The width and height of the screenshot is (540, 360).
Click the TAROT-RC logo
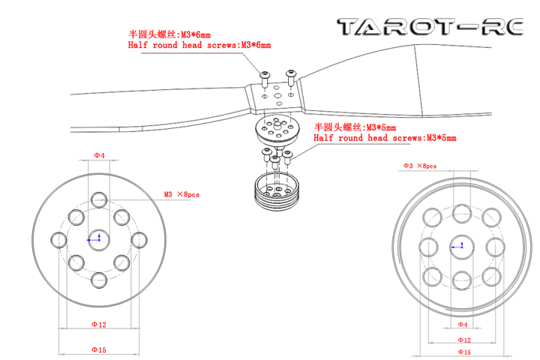430,27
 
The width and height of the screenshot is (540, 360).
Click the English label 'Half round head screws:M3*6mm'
199,45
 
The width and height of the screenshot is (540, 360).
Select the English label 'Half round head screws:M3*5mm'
385,138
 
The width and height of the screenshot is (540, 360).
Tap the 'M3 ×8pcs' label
181,195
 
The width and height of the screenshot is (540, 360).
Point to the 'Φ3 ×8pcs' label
420,166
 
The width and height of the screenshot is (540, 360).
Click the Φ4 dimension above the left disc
99,156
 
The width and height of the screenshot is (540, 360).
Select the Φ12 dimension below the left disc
99,325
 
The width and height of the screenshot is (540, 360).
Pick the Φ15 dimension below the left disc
99,350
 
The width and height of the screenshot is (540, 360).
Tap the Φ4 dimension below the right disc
463,325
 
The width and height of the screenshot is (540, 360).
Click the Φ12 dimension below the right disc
464,340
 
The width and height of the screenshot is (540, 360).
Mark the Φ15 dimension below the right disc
464,352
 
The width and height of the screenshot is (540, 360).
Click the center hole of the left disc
99,240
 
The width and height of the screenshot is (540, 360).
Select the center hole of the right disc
462,247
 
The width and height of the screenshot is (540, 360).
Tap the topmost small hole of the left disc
99,199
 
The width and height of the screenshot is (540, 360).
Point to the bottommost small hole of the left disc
99,280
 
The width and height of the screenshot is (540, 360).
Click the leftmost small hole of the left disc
59,240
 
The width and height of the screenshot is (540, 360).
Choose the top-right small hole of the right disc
491,217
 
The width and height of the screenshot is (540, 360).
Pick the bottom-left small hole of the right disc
432,277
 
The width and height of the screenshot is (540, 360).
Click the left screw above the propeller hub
265,79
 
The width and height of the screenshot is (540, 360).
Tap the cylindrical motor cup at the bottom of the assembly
277,191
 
